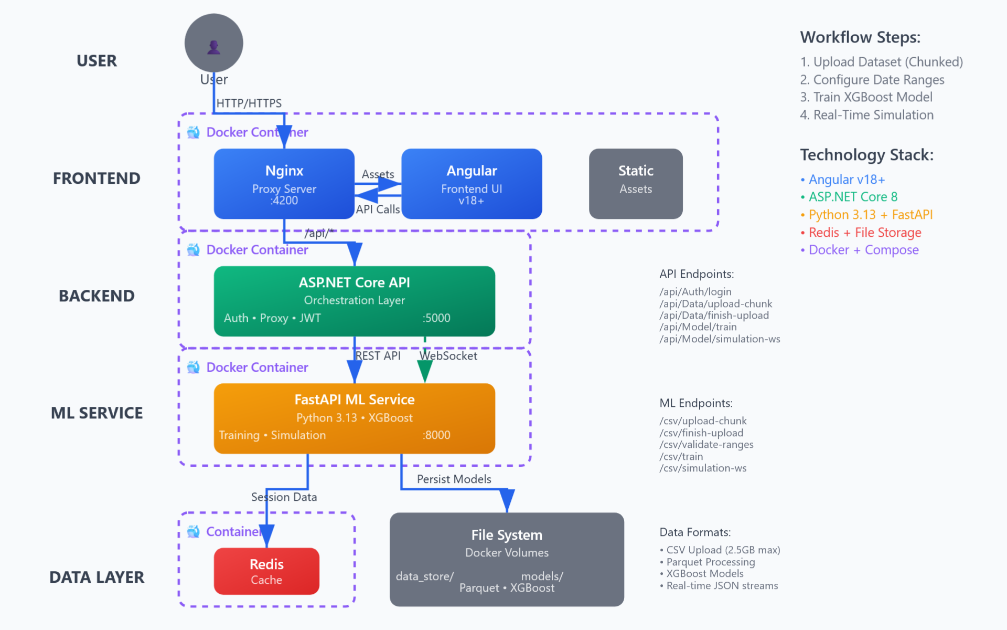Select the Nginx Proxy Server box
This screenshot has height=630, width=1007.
pyautogui.click(x=284, y=184)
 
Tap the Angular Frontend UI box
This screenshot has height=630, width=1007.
pyautogui.click(x=472, y=184)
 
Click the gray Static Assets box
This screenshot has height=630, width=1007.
pyautogui.click(x=635, y=184)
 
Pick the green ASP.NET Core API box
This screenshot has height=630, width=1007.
pyautogui.click(x=354, y=301)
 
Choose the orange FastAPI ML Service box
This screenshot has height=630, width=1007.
pyautogui.click(x=354, y=418)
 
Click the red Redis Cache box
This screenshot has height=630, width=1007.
pyautogui.click(x=266, y=571)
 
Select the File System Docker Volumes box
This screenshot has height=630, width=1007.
pyautogui.click(x=507, y=559)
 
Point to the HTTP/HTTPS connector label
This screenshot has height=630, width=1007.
pyautogui.click(x=249, y=103)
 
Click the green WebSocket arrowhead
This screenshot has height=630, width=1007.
pyautogui.click(x=424, y=371)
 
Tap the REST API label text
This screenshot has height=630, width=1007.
pyautogui.click(x=378, y=356)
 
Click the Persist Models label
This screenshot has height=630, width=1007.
pyautogui.click(x=454, y=479)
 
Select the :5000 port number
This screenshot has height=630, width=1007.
pyautogui.click(x=436, y=318)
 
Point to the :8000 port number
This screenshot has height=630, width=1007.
pyautogui.click(x=436, y=435)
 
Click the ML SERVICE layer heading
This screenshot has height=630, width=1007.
pyautogui.click(x=97, y=413)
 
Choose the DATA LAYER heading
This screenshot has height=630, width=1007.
pyautogui.click(x=97, y=577)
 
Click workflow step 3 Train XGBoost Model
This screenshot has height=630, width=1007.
pyautogui.click(x=866, y=97)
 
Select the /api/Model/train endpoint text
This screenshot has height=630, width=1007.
pyautogui.click(x=698, y=327)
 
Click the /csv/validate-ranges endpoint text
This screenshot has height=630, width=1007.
pyautogui.click(x=706, y=445)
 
